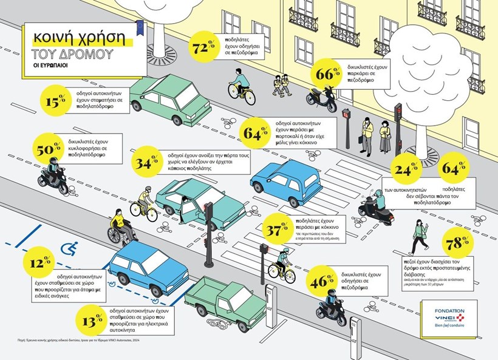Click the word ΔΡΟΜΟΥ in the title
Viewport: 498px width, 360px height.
tap(89, 55)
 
